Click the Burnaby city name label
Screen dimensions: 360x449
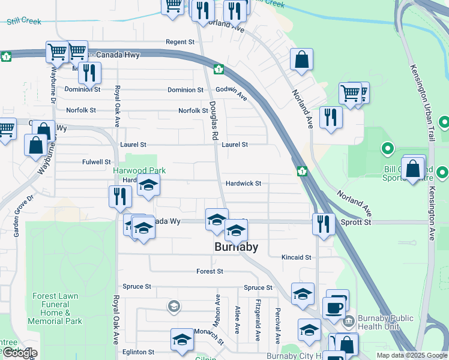pos(237,247)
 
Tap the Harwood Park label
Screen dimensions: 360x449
pos(139,171)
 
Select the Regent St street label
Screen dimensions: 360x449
pos(181,42)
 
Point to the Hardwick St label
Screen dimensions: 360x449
pos(243,184)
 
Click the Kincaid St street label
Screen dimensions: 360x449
pos(297,257)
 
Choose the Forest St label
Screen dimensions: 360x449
pos(209,271)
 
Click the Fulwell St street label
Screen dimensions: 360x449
pos(97,162)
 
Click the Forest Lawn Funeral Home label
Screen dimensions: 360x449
pos(55,308)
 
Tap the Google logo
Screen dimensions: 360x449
pos(20,353)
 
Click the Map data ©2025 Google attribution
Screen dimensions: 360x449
pos(412,355)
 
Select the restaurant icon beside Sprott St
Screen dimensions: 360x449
pos(324,224)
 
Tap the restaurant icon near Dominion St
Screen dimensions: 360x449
pos(89,73)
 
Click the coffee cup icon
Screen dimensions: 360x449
pos(333,308)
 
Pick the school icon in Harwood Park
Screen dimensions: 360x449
pos(148,185)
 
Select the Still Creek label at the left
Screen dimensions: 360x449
pos(24,22)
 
